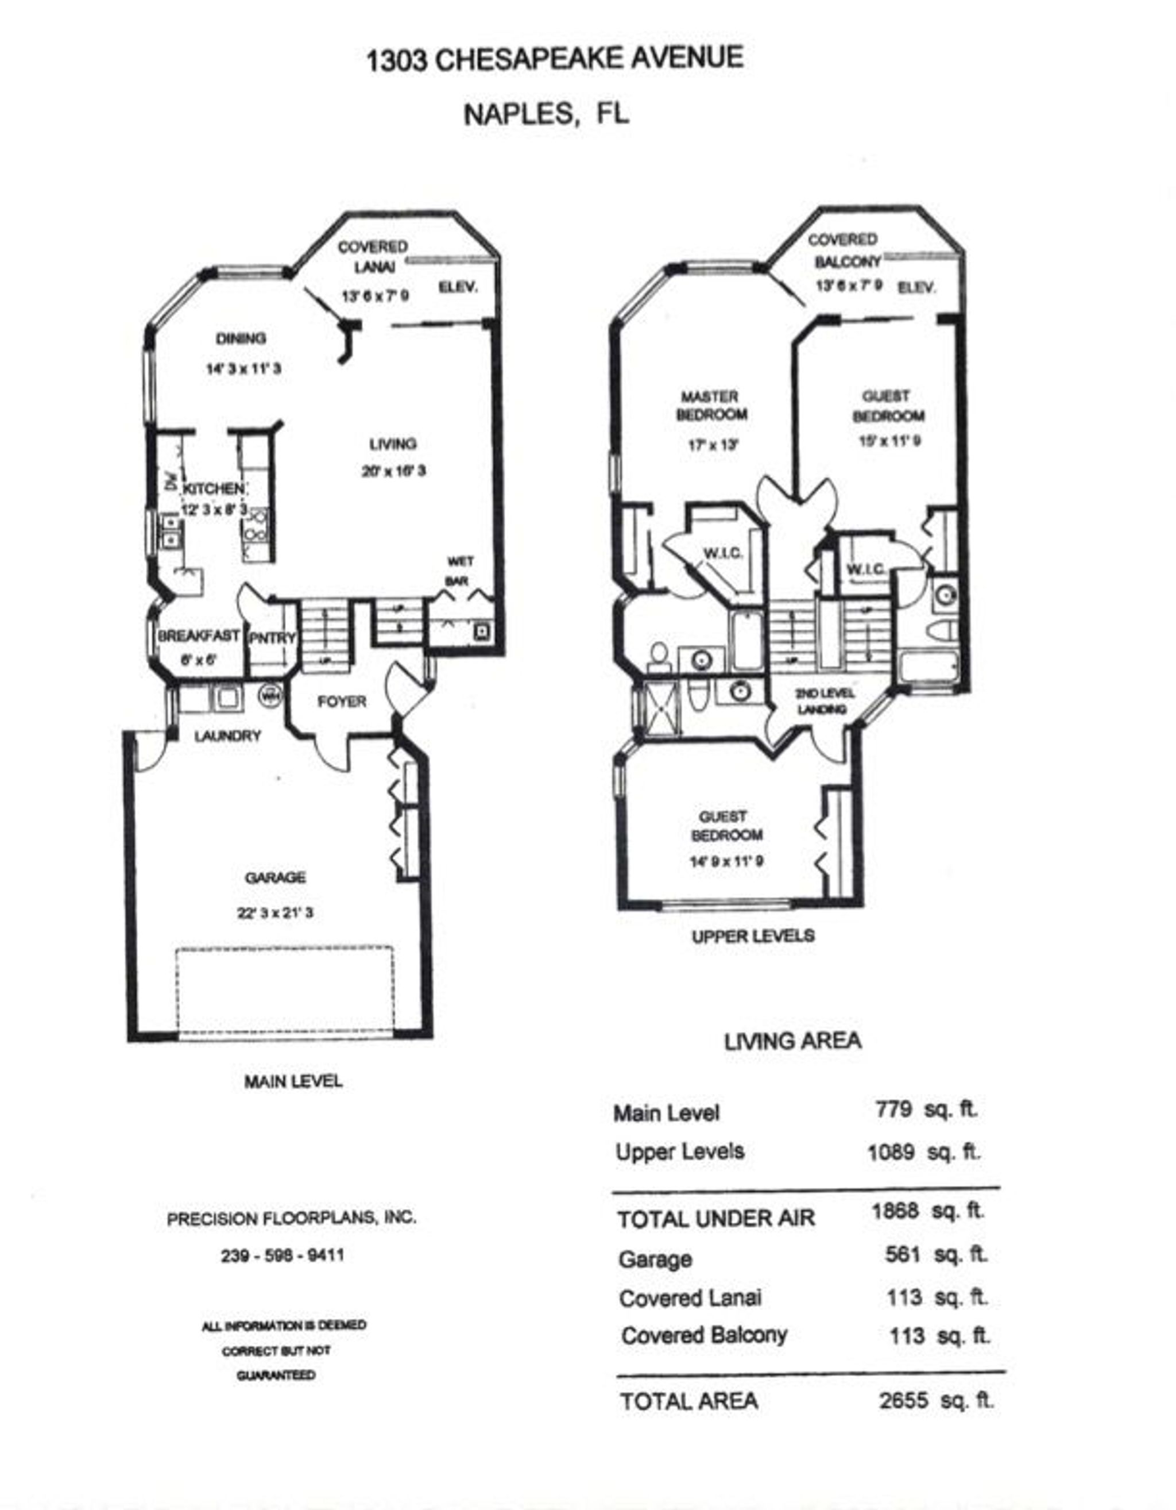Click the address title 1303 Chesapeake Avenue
click(x=554, y=59)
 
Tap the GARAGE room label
click(x=275, y=877)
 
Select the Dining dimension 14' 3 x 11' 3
click(x=244, y=368)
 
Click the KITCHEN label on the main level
click(x=213, y=488)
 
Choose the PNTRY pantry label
click(x=272, y=638)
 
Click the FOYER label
click(x=341, y=702)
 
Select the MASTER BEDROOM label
click(x=710, y=406)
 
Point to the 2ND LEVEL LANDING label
click(x=823, y=701)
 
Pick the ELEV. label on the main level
click(x=458, y=287)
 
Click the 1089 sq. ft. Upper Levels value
click(x=923, y=1153)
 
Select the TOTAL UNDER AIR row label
click(x=716, y=1219)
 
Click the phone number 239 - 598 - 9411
click(x=283, y=1255)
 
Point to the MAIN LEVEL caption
click(x=293, y=1081)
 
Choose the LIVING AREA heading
click(x=792, y=1041)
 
